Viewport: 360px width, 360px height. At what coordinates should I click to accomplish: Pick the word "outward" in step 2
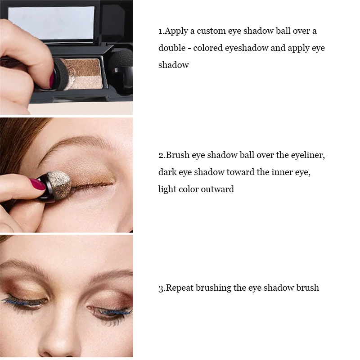pyautogui.click(x=217, y=189)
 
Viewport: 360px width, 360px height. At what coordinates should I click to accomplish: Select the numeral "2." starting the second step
pyautogui.click(x=162, y=155)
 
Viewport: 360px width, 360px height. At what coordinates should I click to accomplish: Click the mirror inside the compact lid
pyautogui.click(x=51, y=23)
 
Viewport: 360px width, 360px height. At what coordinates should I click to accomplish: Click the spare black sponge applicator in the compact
pyautogui.click(x=121, y=71)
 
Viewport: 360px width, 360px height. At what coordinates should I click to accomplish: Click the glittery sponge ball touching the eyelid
pyautogui.click(x=60, y=185)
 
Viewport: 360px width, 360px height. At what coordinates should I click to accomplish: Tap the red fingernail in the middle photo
pyautogui.click(x=37, y=184)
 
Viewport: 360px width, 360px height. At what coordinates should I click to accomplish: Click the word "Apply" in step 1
pyautogui.click(x=176, y=31)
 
